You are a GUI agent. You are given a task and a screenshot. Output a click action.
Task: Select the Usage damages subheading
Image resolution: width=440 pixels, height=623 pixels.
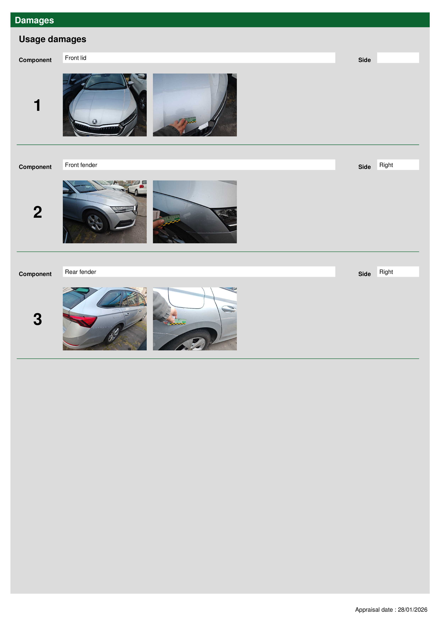pos(52,39)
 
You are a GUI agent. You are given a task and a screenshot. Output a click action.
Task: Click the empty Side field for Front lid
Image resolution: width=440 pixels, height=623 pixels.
pos(398,58)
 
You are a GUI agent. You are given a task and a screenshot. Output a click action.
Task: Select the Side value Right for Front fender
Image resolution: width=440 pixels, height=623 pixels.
pos(386,165)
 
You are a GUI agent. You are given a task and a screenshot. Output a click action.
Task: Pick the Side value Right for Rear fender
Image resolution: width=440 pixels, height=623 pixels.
pos(386,272)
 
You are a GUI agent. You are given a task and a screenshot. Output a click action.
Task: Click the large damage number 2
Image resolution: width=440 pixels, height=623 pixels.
pos(38,212)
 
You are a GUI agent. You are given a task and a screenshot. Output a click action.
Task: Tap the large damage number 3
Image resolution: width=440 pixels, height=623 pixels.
pos(38,319)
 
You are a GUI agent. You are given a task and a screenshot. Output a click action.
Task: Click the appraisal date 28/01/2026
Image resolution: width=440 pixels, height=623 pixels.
pos(412,610)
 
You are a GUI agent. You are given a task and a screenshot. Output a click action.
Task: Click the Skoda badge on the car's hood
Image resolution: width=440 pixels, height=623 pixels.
pos(95,121)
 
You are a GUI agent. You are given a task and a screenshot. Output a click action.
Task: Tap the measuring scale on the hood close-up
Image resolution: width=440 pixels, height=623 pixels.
pos(187,120)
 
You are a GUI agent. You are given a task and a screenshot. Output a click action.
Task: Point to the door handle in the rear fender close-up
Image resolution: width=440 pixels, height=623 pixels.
pos(229,308)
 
